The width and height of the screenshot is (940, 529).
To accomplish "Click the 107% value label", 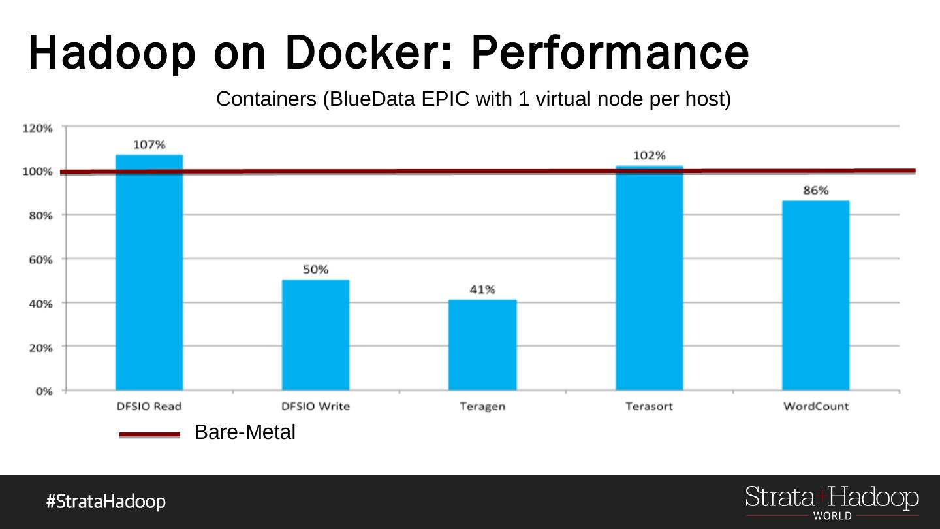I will pyautogui.click(x=149, y=144).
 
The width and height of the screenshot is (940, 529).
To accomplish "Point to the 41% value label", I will pyautogui.click(x=482, y=289).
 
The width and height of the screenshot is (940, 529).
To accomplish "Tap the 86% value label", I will pyautogui.click(x=816, y=190).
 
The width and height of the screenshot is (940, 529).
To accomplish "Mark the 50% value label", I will pyautogui.click(x=316, y=269).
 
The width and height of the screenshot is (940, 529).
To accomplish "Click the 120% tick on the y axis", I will pyautogui.click(x=38, y=128).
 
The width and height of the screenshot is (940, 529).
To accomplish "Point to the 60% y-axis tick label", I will pyautogui.click(x=39, y=259).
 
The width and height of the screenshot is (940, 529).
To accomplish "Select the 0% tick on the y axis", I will pyautogui.click(x=44, y=391).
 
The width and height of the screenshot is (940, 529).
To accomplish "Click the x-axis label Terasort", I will pyautogui.click(x=649, y=406).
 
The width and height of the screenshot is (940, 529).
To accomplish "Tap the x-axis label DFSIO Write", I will pyautogui.click(x=316, y=406).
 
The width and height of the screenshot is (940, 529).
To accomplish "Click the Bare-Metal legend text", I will pyautogui.click(x=245, y=432).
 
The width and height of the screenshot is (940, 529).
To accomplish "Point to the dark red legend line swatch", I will pyautogui.click(x=149, y=434).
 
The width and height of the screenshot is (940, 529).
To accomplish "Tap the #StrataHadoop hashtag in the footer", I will pyautogui.click(x=106, y=502).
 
